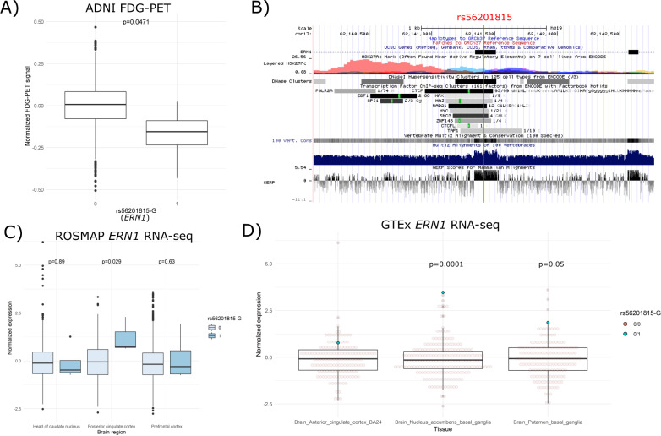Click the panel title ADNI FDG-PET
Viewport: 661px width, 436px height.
click(x=117, y=9)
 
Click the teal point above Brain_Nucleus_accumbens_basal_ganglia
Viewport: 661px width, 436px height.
click(x=442, y=292)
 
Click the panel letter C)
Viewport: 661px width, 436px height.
click(x=11, y=232)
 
